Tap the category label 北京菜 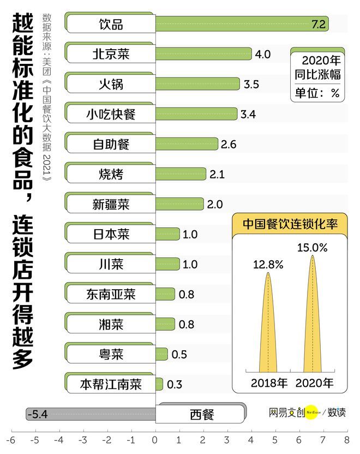[x=111, y=54]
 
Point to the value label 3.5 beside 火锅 [x=251, y=84]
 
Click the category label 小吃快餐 [x=111, y=114]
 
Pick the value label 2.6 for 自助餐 [x=229, y=144]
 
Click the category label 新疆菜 [x=111, y=205]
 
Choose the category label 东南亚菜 [x=111, y=295]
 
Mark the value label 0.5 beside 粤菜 [x=179, y=355]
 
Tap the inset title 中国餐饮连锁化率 [x=290, y=224]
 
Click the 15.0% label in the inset [x=313, y=247]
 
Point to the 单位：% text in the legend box [x=317, y=93]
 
